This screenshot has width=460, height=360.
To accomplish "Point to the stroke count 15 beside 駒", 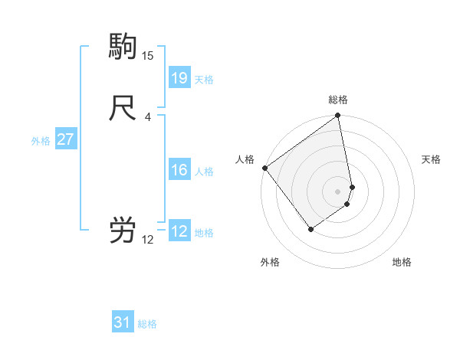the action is [x=148, y=55].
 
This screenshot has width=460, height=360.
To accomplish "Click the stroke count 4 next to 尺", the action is [x=148, y=116].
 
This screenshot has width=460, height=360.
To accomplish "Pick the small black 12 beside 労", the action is [x=148, y=239].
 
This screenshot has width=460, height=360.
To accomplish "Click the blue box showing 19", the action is [x=179, y=78].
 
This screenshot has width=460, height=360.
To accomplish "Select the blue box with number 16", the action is [x=179, y=170].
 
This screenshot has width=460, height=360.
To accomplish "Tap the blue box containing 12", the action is [x=179, y=231].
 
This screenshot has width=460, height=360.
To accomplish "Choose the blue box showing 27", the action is [x=66, y=139].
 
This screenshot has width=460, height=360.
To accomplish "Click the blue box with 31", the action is [x=123, y=322].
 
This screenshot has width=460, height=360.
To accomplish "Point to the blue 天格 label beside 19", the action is [x=204, y=79].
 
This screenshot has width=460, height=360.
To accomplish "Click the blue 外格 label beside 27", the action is [x=41, y=140].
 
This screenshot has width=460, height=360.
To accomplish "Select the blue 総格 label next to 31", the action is [x=147, y=324].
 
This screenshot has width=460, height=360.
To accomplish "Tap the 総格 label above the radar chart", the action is [x=338, y=100].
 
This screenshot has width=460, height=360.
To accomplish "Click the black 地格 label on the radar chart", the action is [x=402, y=263].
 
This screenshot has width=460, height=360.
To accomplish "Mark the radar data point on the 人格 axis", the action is [x=264, y=168].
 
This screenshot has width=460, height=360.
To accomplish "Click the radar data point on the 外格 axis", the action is [x=310, y=229].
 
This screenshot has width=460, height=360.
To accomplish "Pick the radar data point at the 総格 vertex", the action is [x=338, y=116].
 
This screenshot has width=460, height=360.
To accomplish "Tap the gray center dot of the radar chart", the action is [x=338, y=191].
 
